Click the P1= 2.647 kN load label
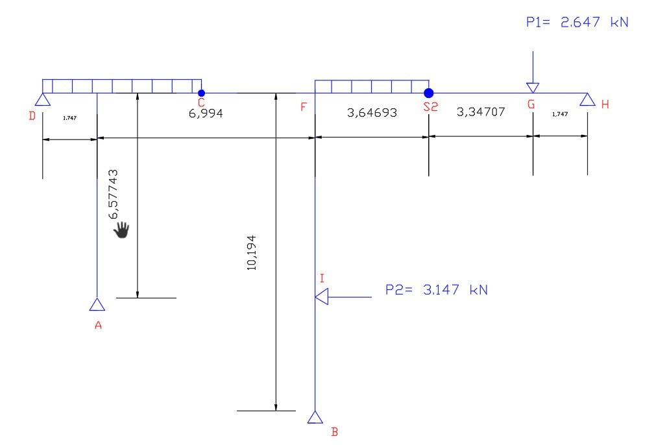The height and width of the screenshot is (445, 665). click(x=577, y=22)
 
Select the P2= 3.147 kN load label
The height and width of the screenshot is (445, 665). click(x=437, y=290)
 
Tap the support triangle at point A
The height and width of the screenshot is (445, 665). click(x=97, y=304)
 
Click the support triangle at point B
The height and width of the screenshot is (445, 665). click(x=315, y=417)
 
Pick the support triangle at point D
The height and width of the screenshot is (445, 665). click(x=42, y=99)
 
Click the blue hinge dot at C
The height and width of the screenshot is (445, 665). click(x=202, y=93)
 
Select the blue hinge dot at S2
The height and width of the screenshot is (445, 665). click(x=429, y=93)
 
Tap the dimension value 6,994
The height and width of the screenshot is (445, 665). click(x=206, y=114)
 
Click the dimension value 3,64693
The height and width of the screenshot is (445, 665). click(x=372, y=112)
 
